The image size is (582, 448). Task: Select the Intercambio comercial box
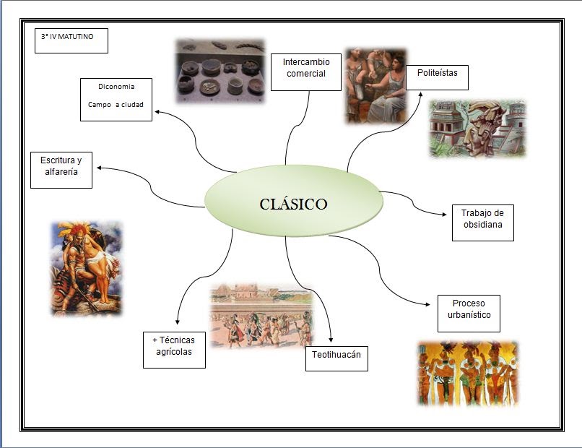click(305, 72)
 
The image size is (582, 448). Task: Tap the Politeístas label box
click(437, 77)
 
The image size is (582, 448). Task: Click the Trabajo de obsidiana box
click(482, 223)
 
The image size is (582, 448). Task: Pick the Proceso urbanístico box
click(468, 313)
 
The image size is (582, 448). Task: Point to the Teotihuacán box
click(336, 358)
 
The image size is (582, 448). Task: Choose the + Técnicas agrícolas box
click(174, 350)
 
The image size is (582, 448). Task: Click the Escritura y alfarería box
click(61, 170)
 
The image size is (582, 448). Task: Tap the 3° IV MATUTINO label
click(71, 40)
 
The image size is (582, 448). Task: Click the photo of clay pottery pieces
click(222, 71)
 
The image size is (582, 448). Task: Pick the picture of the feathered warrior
click(86, 268)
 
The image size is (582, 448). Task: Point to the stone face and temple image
click(477, 129)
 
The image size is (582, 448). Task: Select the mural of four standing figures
click(468, 372)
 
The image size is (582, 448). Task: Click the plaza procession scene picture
click(261, 316)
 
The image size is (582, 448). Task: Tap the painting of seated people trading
click(375, 85)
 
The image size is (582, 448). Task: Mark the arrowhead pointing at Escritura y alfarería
click(99, 168)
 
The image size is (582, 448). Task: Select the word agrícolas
click(174, 356)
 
